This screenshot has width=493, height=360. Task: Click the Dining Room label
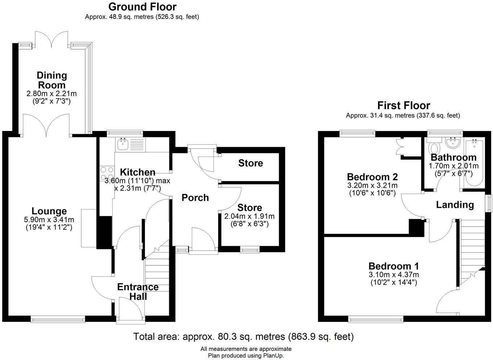51,80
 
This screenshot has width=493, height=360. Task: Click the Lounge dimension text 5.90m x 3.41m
49,220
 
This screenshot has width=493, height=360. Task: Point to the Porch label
195,198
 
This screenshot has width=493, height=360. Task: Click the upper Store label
250,163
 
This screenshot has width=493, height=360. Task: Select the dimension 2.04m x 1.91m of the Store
249,216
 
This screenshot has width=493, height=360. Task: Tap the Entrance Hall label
138,291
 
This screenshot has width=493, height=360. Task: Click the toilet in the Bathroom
434,148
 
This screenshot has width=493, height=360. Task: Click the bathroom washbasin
452,143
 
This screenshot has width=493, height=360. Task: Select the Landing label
455,205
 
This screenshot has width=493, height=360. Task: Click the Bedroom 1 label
393,266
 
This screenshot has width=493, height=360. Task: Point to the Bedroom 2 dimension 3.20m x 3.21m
372,186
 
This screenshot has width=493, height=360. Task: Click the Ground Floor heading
142,7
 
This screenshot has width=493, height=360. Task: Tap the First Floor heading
403,105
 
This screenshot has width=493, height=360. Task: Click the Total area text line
243,336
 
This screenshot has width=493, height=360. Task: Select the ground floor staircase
157,276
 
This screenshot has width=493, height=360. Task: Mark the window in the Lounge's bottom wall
58,319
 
